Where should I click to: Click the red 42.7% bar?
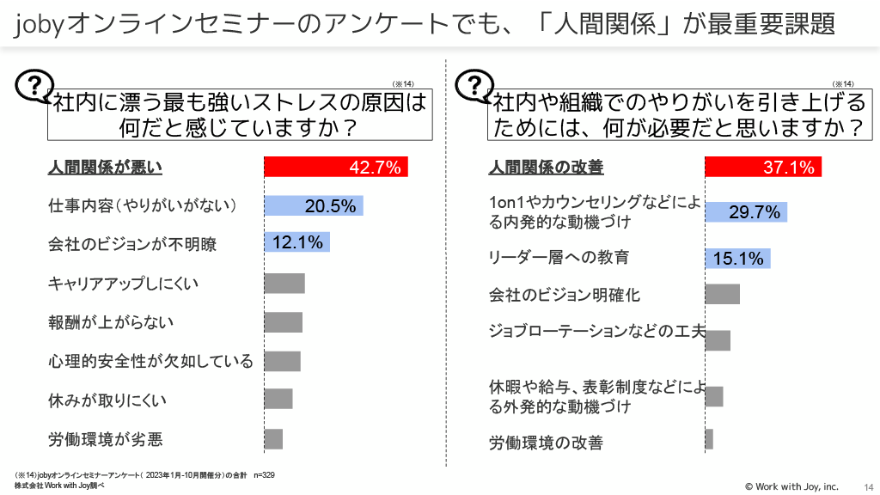point(335,168)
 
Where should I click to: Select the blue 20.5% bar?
point(314,206)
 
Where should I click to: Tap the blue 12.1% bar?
point(296,243)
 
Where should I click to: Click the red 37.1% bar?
point(763,168)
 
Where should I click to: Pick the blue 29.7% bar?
point(746,212)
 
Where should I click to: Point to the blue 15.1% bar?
point(737,258)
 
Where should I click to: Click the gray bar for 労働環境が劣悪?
point(273,439)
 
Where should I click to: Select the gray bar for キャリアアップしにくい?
point(284,284)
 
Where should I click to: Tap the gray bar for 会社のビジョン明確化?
point(722,295)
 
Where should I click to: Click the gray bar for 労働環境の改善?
point(709,439)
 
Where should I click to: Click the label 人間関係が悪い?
point(105,168)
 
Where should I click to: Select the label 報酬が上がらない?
point(111,322)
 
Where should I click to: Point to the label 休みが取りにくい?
point(107,400)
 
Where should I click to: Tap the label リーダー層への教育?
point(559,257)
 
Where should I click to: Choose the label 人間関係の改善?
point(547,168)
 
